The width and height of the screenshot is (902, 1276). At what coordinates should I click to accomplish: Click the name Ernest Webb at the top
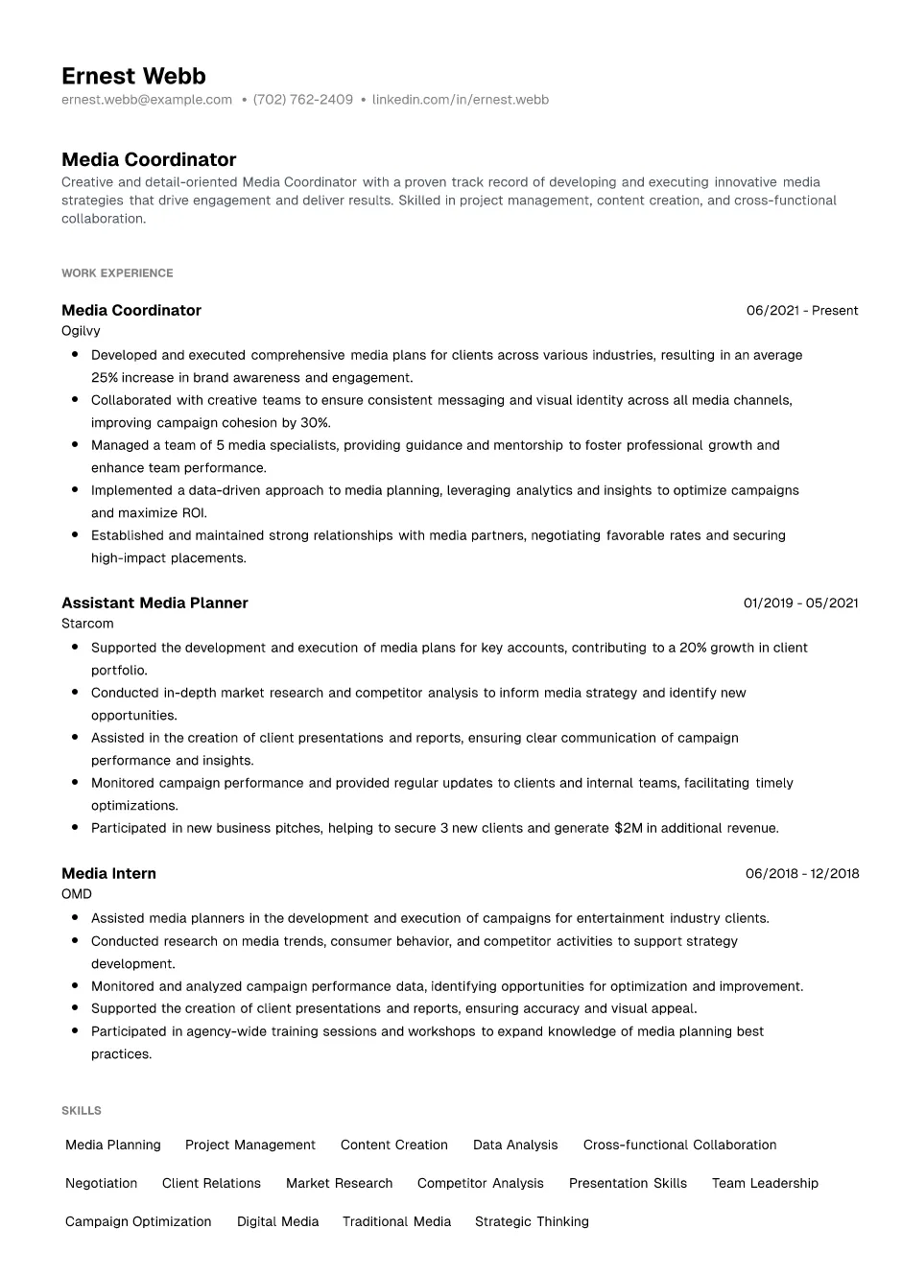[133, 76]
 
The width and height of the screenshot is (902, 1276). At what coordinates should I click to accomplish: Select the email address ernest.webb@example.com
[147, 100]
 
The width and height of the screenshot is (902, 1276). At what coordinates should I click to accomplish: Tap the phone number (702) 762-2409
[302, 100]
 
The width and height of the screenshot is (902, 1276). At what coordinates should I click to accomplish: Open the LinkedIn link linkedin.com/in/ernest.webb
[460, 100]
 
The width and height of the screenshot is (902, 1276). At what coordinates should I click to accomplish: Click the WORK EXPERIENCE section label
[117, 273]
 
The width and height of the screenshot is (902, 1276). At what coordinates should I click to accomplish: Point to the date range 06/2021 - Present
[802, 311]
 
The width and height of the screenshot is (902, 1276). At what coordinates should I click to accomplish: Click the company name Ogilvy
[81, 331]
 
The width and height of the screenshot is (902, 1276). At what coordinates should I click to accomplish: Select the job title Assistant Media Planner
[154, 603]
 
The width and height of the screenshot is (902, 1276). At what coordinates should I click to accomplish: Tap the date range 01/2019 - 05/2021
[800, 603]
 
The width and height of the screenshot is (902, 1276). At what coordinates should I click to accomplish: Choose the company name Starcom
[87, 624]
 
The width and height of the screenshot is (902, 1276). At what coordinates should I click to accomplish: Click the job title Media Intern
[108, 874]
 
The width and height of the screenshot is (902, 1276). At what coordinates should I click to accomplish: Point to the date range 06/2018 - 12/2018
[802, 874]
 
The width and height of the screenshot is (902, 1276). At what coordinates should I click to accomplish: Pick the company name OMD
[77, 894]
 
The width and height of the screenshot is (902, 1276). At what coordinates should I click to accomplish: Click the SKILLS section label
[82, 1111]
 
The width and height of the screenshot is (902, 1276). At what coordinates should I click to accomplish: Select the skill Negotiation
[101, 1184]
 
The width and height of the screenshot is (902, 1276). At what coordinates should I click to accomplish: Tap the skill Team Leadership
[765, 1184]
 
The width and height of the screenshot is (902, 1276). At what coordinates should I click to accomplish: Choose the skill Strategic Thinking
[532, 1222]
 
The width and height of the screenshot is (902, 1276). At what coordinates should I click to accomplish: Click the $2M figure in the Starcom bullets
[628, 828]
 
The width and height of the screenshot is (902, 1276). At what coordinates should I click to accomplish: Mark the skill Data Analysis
[515, 1146]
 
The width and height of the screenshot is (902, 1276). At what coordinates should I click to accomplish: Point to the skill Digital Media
[277, 1222]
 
